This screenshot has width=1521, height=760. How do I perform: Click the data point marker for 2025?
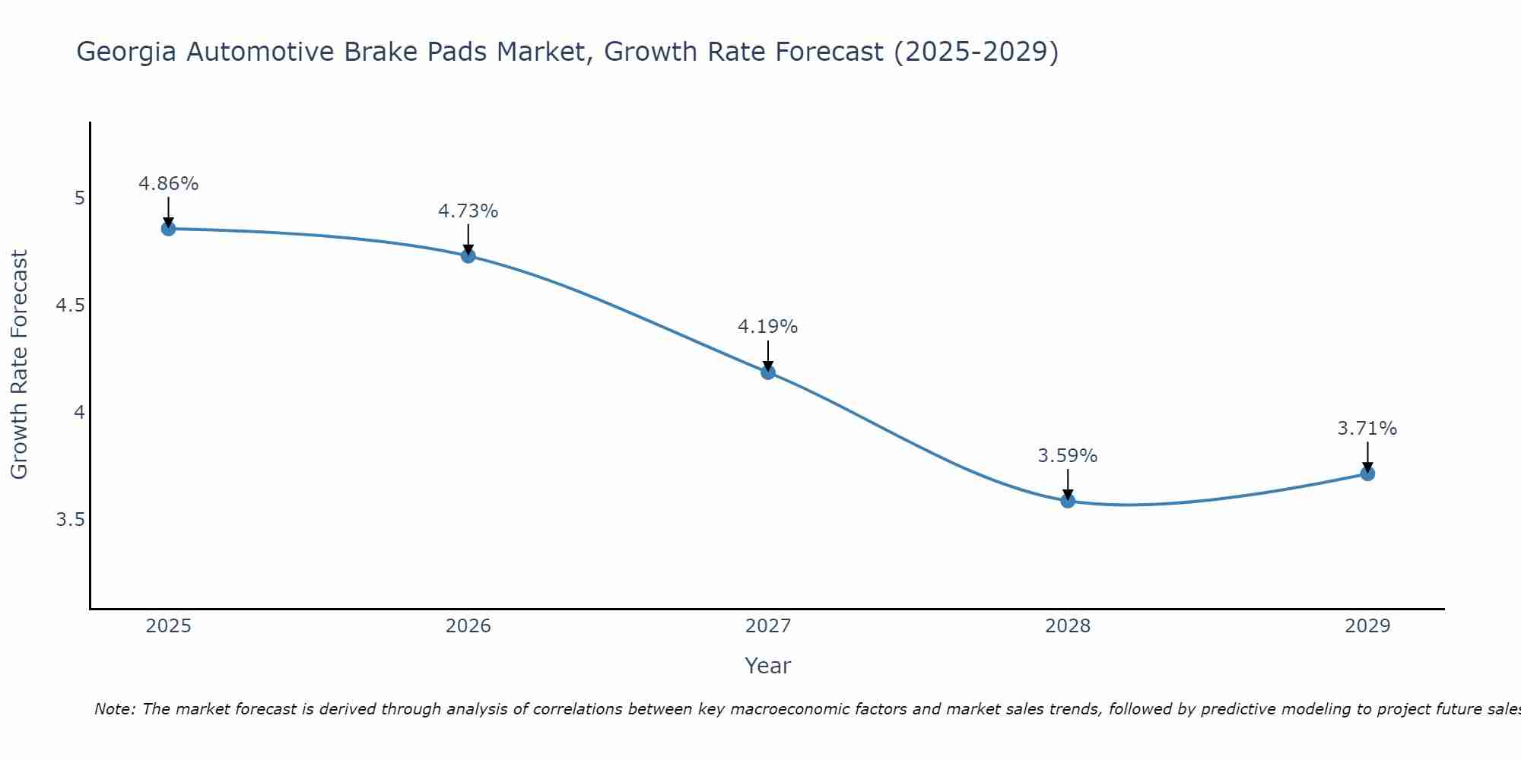pyautogui.click(x=169, y=229)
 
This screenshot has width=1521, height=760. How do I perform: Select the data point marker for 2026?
pyautogui.click(x=468, y=256)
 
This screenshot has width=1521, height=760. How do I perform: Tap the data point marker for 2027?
pyautogui.click(x=768, y=372)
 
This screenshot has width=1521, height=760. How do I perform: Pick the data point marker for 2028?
pyautogui.click(x=1068, y=501)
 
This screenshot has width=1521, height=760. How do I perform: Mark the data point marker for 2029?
pyautogui.click(x=1367, y=473)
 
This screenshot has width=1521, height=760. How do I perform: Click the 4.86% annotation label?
pyautogui.click(x=169, y=184)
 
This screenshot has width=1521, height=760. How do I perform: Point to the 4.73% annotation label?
pyautogui.click(x=468, y=211)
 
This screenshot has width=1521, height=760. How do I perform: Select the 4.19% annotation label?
pyautogui.click(x=768, y=327)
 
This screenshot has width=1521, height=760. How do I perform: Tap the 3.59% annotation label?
pyautogui.click(x=1068, y=456)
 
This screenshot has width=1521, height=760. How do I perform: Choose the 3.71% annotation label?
pyautogui.click(x=1367, y=429)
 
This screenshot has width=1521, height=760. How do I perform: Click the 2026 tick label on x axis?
pyautogui.click(x=468, y=626)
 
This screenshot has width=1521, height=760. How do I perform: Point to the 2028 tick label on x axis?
pyautogui.click(x=1068, y=626)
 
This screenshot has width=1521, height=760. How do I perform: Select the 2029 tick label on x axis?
pyautogui.click(x=1367, y=626)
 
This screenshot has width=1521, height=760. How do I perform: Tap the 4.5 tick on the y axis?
pyautogui.click(x=71, y=306)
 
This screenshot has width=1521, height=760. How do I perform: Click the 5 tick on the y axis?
pyautogui.click(x=79, y=198)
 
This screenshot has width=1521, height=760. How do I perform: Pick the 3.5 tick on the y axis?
pyautogui.click(x=71, y=520)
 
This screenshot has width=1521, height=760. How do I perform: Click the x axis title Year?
pyautogui.click(x=768, y=666)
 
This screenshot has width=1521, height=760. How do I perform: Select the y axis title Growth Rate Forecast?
pyautogui.click(x=20, y=365)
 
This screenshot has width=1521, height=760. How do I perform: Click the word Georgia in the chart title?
pyautogui.click(x=127, y=52)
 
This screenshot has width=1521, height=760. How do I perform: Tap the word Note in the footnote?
pyautogui.click(x=115, y=709)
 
